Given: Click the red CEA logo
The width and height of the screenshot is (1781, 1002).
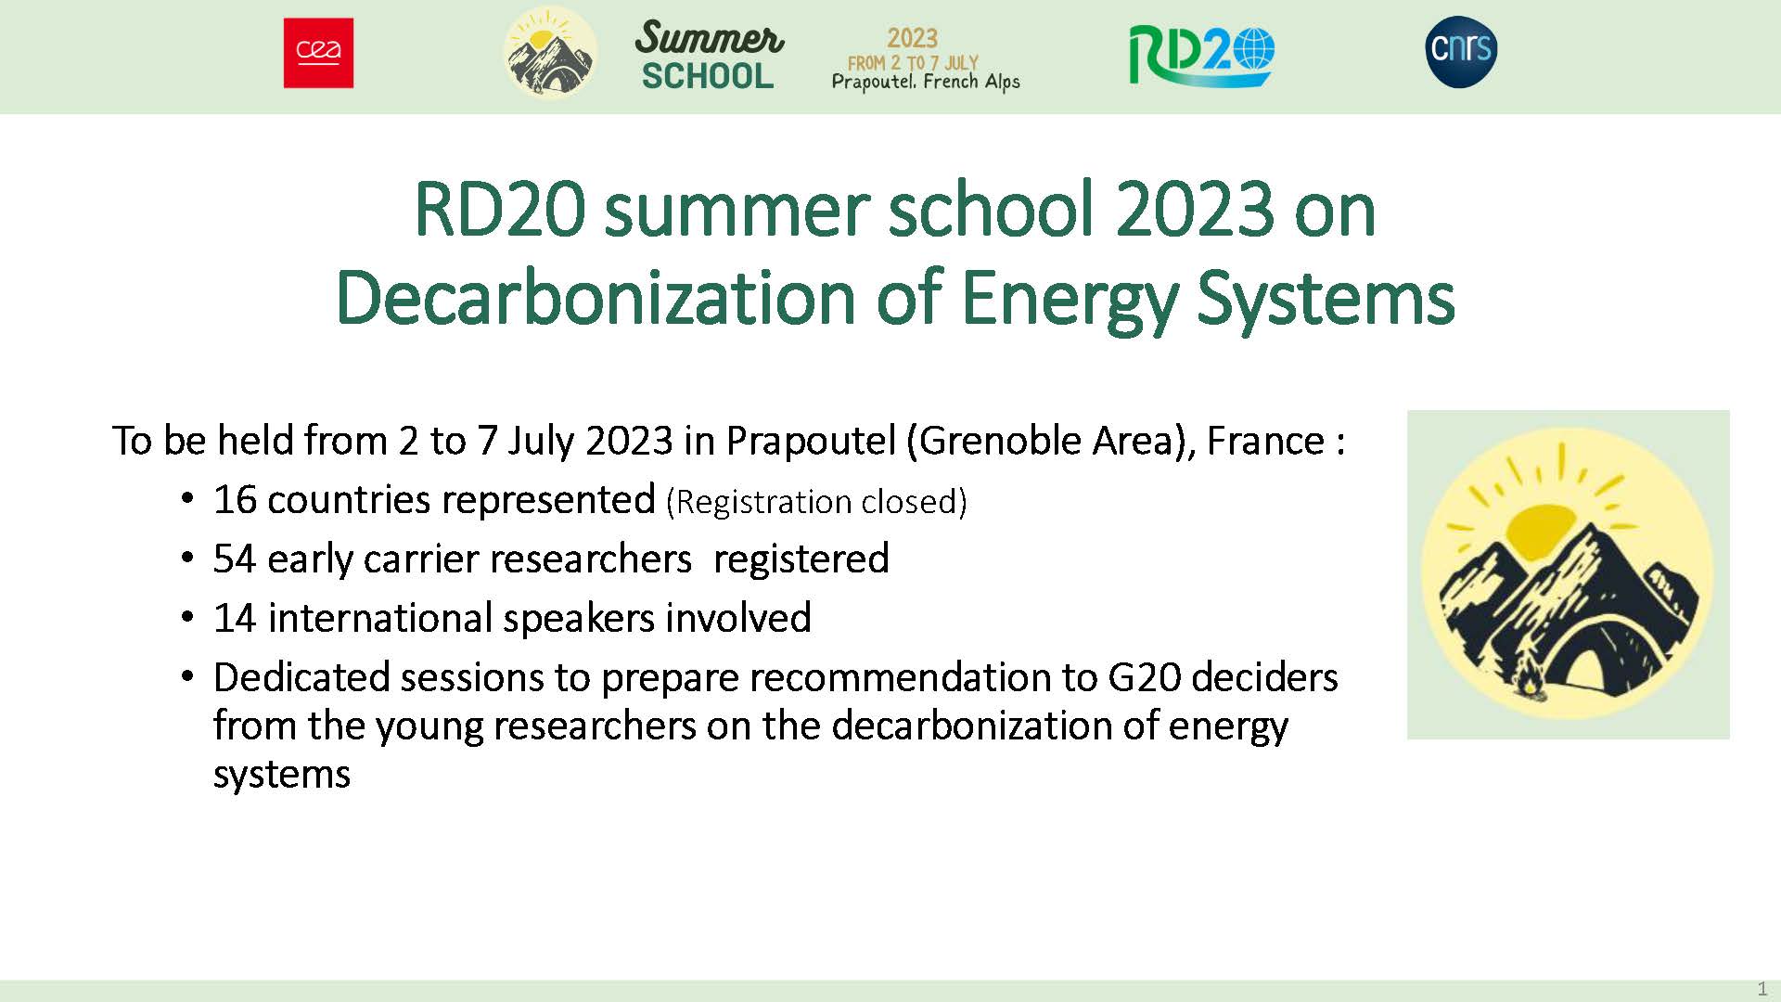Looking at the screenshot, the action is point(318,53).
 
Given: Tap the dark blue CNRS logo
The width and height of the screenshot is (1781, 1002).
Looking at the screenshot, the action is point(1461,51).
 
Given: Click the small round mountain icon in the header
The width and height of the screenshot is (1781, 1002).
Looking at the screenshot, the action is point(550,51).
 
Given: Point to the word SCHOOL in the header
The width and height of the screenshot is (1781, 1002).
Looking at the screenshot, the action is point(708,76).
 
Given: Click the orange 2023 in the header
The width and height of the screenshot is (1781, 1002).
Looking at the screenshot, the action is point(913,38).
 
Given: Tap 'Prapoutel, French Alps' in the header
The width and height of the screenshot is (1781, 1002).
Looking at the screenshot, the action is point(926,82).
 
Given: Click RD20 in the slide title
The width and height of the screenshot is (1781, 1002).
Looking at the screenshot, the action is point(500,210).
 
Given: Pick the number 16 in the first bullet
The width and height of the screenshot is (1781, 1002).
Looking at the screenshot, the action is point(235,500).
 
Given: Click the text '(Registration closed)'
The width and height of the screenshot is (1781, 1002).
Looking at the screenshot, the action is point(816,502).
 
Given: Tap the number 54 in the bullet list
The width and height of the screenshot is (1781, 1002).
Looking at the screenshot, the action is point(235,559).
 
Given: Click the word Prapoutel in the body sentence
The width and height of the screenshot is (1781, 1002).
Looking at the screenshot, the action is point(811,442).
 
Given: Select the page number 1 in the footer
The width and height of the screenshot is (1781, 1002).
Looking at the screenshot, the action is point(1762,989).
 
